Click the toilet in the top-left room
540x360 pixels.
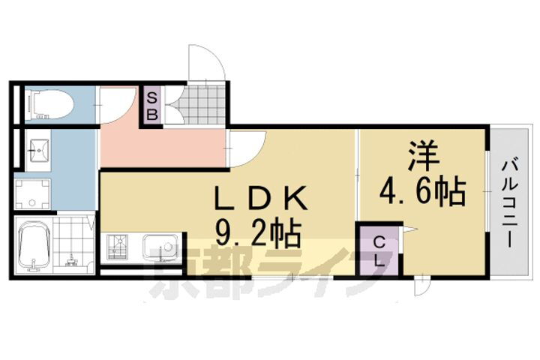pyautogui.click(x=49, y=104)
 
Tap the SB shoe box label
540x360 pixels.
pyautogui.click(x=151, y=106)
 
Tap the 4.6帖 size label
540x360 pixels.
pyautogui.click(x=425, y=192)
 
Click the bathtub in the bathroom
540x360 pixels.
pyautogui.click(x=33, y=246)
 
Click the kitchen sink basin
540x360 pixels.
pyautogui.click(x=160, y=247)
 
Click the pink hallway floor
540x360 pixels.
pyautogui.click(x=165, y=146)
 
